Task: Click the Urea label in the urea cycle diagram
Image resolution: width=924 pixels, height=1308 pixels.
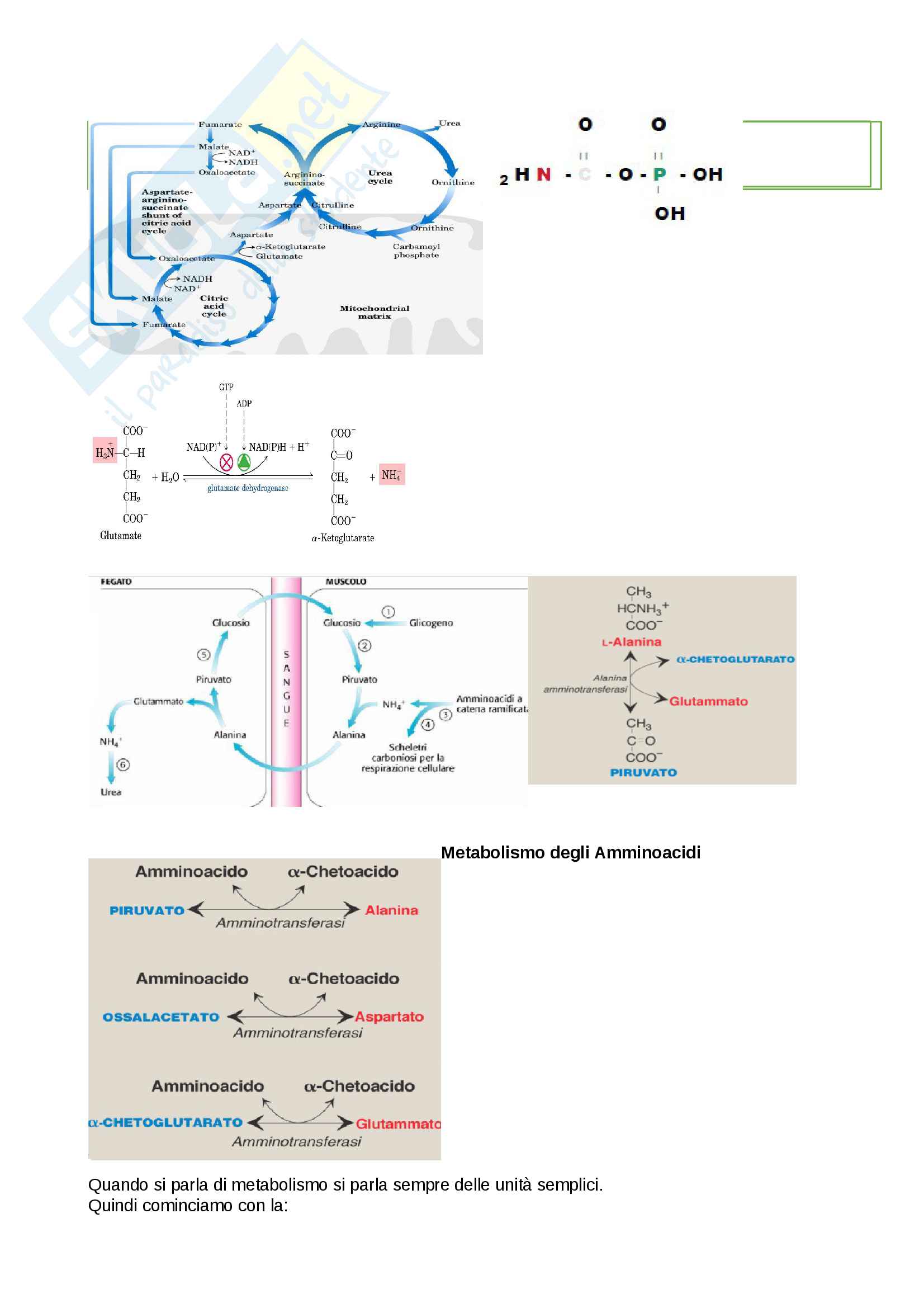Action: pos(449,123)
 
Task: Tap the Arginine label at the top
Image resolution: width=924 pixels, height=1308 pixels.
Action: pos(381,125)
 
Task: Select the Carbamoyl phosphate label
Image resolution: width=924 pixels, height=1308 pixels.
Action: pos(416,251)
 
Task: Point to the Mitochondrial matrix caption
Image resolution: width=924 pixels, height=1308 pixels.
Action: pos(374,312)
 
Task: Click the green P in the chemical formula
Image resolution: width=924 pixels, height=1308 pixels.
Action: pos(659,174)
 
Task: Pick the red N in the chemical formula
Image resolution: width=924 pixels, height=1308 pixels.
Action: pos(544,174)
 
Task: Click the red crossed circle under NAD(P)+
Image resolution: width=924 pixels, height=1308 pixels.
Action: pos(226,462)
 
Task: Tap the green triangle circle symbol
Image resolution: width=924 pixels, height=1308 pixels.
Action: pos(244,462)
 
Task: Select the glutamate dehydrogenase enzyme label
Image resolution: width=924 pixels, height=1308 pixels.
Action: pos(248,488)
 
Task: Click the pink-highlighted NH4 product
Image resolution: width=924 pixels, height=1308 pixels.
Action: pos(392,475)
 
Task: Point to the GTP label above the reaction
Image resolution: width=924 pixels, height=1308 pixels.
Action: pos(226,387)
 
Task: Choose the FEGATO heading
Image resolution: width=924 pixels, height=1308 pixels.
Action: pos(116,582)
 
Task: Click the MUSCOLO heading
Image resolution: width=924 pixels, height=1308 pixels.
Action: pos(345,582)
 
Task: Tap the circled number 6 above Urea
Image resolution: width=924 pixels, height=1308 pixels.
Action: pos(123,764)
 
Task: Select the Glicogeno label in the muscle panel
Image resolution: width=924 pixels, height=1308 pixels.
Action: pos(431,623)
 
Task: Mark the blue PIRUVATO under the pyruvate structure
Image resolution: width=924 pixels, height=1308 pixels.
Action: pos(643,772)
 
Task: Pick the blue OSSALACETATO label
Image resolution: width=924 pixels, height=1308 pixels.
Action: pos(161,1017)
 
